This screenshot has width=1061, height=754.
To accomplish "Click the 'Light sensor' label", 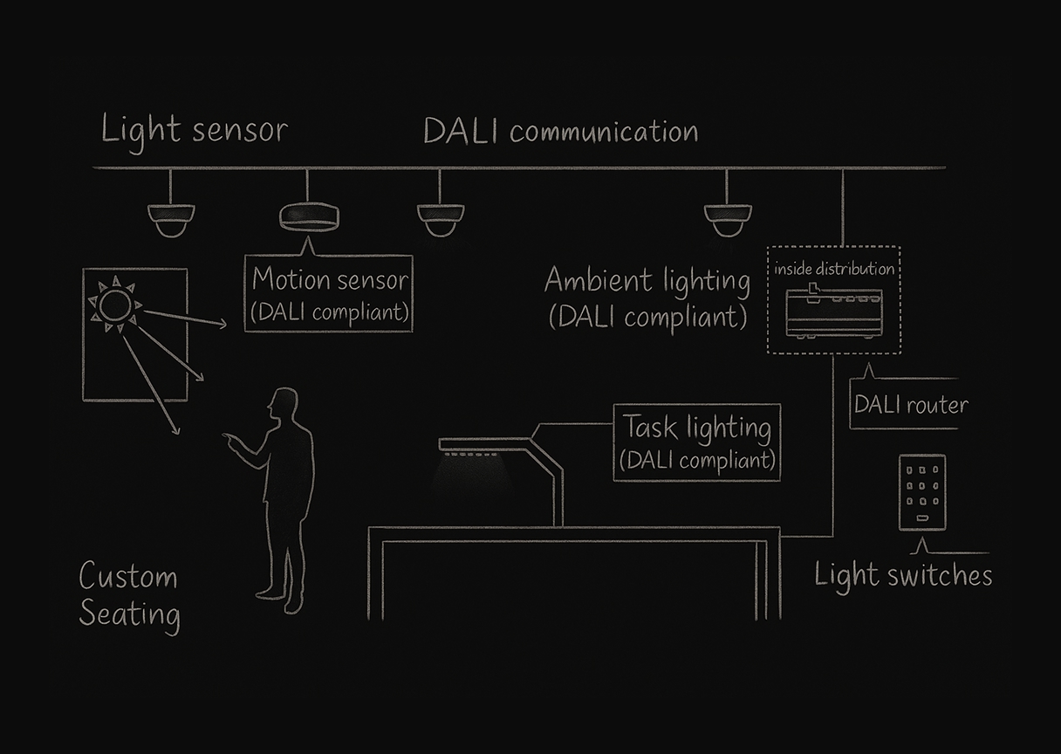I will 194,131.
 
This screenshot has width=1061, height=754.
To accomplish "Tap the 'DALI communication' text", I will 560,132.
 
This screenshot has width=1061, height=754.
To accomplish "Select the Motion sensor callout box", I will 329,293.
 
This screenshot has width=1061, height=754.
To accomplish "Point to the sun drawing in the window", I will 113,305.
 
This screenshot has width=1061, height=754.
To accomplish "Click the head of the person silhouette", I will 283,406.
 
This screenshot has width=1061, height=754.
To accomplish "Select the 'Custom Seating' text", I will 129,595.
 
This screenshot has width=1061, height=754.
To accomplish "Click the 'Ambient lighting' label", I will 647,298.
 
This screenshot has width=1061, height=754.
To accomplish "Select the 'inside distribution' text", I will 834,269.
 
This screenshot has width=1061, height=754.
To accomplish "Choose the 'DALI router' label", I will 910,405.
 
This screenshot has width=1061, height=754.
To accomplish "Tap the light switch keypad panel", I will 922,492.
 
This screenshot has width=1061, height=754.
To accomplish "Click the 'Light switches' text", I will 903,575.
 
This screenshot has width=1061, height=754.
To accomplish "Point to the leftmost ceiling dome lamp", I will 171,220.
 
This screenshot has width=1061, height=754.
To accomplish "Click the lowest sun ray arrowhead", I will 176,430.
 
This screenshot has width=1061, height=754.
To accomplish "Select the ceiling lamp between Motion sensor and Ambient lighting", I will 440,220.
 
